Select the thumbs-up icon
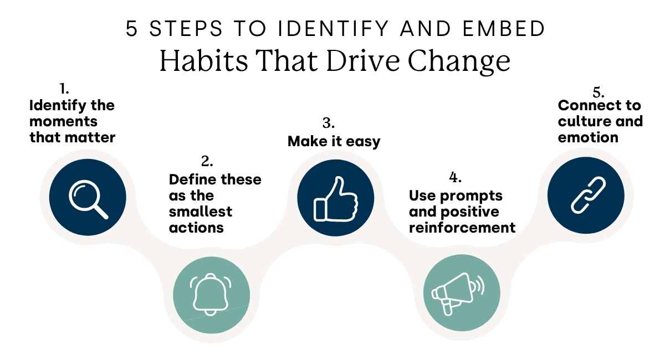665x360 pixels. (x=335, y=198)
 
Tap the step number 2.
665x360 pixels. (x=207, y=162)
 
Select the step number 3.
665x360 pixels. (x=329, y=122)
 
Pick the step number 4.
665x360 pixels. (x=454, y=178)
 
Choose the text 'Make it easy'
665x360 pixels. (x=334, y=141)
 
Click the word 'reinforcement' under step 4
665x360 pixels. (x=462, y=228)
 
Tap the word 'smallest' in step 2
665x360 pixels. (x=201, y=212)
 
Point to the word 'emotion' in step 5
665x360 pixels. (x=588, y=138)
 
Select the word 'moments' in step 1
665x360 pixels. (x=64, y=121)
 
